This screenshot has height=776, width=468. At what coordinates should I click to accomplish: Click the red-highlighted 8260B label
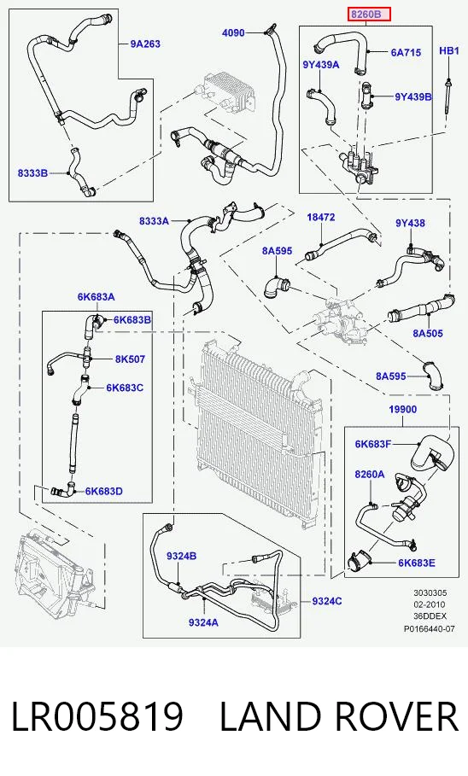370,15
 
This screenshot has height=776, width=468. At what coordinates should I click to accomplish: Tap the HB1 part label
449,50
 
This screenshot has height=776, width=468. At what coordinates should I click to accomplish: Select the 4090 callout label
233,32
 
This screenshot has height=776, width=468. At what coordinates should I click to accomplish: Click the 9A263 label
145,44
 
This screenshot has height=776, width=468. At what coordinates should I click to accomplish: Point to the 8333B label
32,172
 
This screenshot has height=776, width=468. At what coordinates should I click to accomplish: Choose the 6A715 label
406,52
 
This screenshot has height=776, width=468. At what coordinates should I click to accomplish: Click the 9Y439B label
413,96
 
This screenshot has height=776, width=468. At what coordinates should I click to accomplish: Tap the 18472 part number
321,217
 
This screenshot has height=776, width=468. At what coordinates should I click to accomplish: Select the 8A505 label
428,333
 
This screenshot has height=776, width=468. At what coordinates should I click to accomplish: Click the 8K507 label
131,359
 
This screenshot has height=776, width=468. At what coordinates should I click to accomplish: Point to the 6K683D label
104,491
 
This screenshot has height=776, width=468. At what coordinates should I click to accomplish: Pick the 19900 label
402,409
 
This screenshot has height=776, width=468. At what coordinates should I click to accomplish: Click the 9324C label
327,601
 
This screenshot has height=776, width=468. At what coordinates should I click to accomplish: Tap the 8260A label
370,474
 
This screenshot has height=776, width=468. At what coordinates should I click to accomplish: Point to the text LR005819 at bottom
97,716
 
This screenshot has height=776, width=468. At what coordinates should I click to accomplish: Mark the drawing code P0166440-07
430,629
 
